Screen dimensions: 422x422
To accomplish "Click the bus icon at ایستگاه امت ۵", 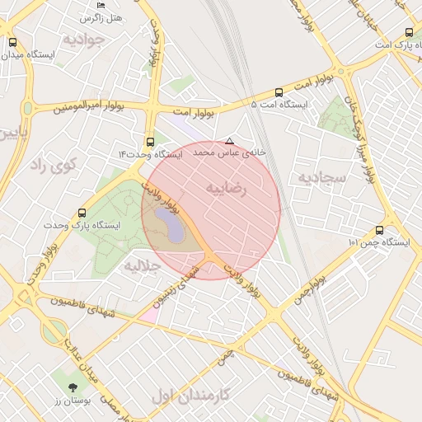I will point(279,92).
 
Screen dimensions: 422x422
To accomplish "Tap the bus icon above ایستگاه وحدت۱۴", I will point(149,142).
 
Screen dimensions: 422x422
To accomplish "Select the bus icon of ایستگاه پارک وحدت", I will point(81,213).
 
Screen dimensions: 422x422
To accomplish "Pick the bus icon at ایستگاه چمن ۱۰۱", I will point(379,230).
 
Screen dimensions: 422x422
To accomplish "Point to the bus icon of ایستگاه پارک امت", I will point(409,33).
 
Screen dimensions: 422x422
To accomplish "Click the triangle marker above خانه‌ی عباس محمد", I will point(229,141).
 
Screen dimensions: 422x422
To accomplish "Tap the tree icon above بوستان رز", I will point(75,387).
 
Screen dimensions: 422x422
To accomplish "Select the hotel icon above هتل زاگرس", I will point(83,4).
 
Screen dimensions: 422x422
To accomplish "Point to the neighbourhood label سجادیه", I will point(319,177).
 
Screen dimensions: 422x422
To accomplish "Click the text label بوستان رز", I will point(77,401).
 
